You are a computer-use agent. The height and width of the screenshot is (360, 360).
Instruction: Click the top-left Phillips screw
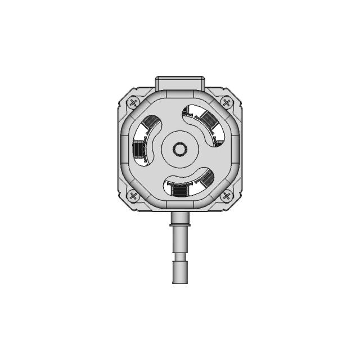(x=133, y=103)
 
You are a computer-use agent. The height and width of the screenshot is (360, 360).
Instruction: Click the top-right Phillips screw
(x=226, y=103)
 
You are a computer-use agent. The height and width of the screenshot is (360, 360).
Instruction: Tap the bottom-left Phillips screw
(x=133, y=196)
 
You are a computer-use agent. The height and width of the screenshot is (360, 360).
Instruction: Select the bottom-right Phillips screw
(x=226, y=196)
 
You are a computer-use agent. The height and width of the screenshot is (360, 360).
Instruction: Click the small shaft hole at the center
(x=180, y=149)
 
